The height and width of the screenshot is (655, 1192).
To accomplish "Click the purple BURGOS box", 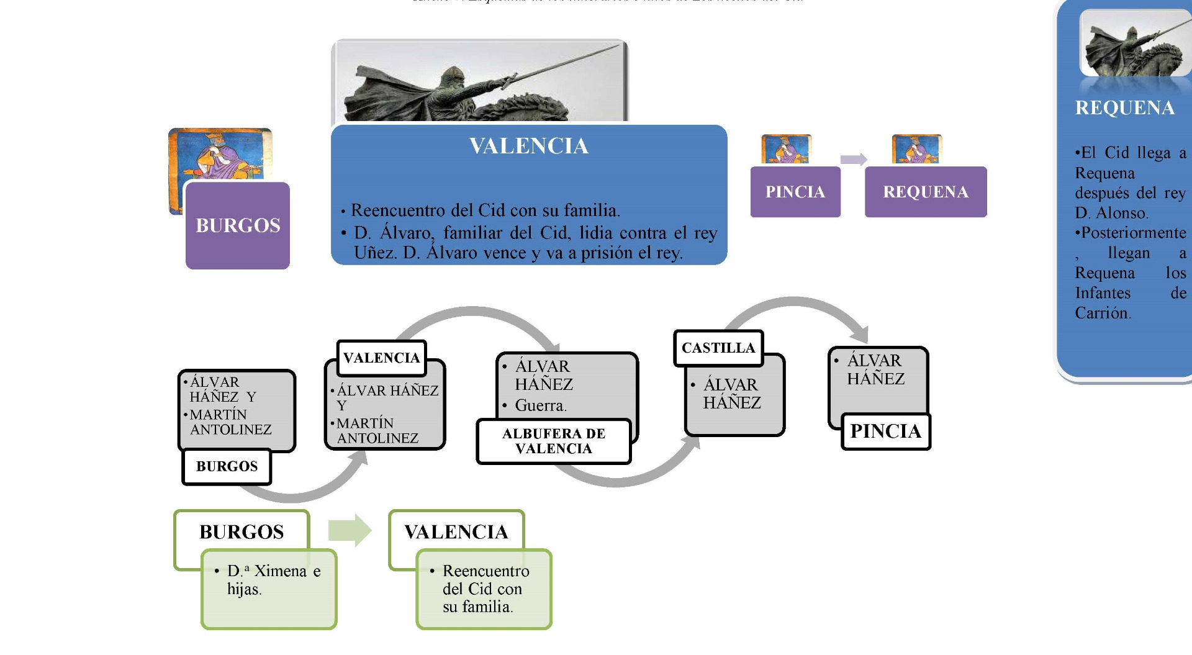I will point(238,225).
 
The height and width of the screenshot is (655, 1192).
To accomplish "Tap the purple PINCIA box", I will point(795,192).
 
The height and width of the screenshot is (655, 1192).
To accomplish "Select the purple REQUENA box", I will point(926,192).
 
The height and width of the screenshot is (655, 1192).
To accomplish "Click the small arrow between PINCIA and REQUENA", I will point(853,160).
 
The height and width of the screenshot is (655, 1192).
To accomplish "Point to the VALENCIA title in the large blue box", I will point(529,146).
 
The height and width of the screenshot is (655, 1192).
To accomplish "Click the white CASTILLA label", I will point(718,348).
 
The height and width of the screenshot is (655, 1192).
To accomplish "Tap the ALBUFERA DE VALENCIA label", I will point(554,441).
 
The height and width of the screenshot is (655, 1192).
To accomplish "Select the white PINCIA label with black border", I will point(886,431).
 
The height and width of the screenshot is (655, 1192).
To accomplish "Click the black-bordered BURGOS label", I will point(227,466).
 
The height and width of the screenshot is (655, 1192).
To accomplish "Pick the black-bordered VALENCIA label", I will point(381,358).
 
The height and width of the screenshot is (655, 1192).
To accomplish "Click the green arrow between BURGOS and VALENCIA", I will point(350,530).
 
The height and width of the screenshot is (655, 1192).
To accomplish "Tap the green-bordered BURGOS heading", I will point(242,532).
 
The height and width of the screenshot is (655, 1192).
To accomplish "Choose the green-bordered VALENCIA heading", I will point(456,532).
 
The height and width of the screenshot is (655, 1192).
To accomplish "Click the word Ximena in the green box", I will point(281,571).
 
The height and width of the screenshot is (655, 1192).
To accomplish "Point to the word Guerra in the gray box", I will point(540,405).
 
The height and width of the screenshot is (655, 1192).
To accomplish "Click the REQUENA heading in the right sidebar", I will point(1124,108).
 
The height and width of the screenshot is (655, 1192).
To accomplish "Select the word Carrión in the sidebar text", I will point(1102,313).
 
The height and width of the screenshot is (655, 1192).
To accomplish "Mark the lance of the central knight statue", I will point(559,62).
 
